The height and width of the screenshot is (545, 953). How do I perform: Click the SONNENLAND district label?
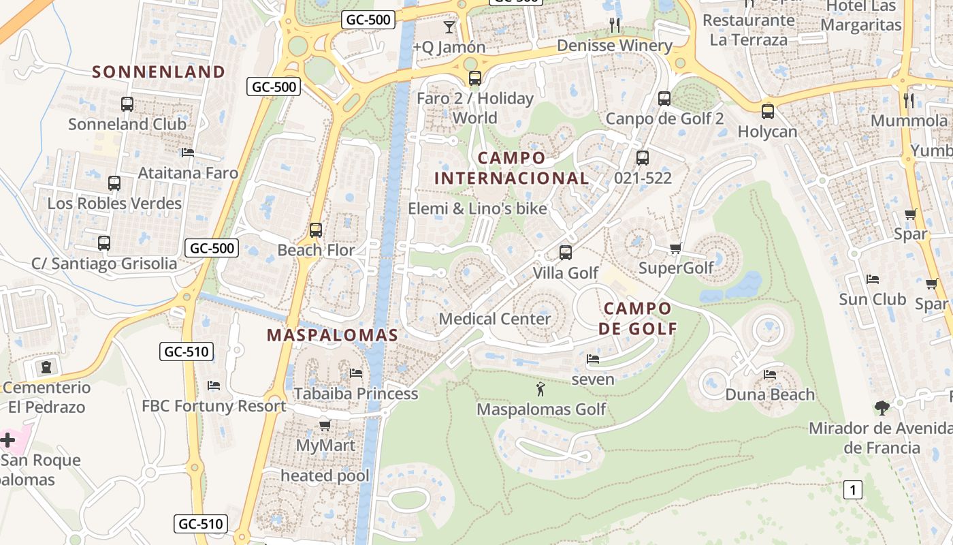158,72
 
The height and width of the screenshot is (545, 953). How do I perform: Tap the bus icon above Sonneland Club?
127,104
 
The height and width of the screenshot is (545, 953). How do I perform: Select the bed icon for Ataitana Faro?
188,153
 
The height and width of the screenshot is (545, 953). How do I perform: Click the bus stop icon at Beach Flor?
315,230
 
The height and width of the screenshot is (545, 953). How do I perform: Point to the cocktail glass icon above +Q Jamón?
449,27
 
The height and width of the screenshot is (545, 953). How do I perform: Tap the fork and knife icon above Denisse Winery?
615,26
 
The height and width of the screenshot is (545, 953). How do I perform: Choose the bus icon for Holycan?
767,112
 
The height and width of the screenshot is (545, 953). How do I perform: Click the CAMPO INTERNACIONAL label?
511,168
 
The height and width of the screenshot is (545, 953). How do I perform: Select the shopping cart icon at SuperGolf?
675,248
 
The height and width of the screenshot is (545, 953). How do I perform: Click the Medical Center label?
495,319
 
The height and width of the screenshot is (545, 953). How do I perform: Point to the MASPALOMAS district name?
332,335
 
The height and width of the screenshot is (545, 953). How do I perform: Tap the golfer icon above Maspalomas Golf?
540,390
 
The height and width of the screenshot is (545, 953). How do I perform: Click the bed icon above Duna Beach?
770,375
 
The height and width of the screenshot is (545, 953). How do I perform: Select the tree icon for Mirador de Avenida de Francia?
882,408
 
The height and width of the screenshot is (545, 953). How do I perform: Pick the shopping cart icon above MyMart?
325,426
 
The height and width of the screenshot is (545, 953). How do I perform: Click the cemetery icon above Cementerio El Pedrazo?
46,368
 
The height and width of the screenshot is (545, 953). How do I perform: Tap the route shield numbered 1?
853,489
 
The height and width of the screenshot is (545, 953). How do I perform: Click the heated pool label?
325,476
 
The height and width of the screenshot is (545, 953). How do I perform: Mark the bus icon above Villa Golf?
565,253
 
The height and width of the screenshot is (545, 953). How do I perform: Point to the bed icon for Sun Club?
873,279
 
